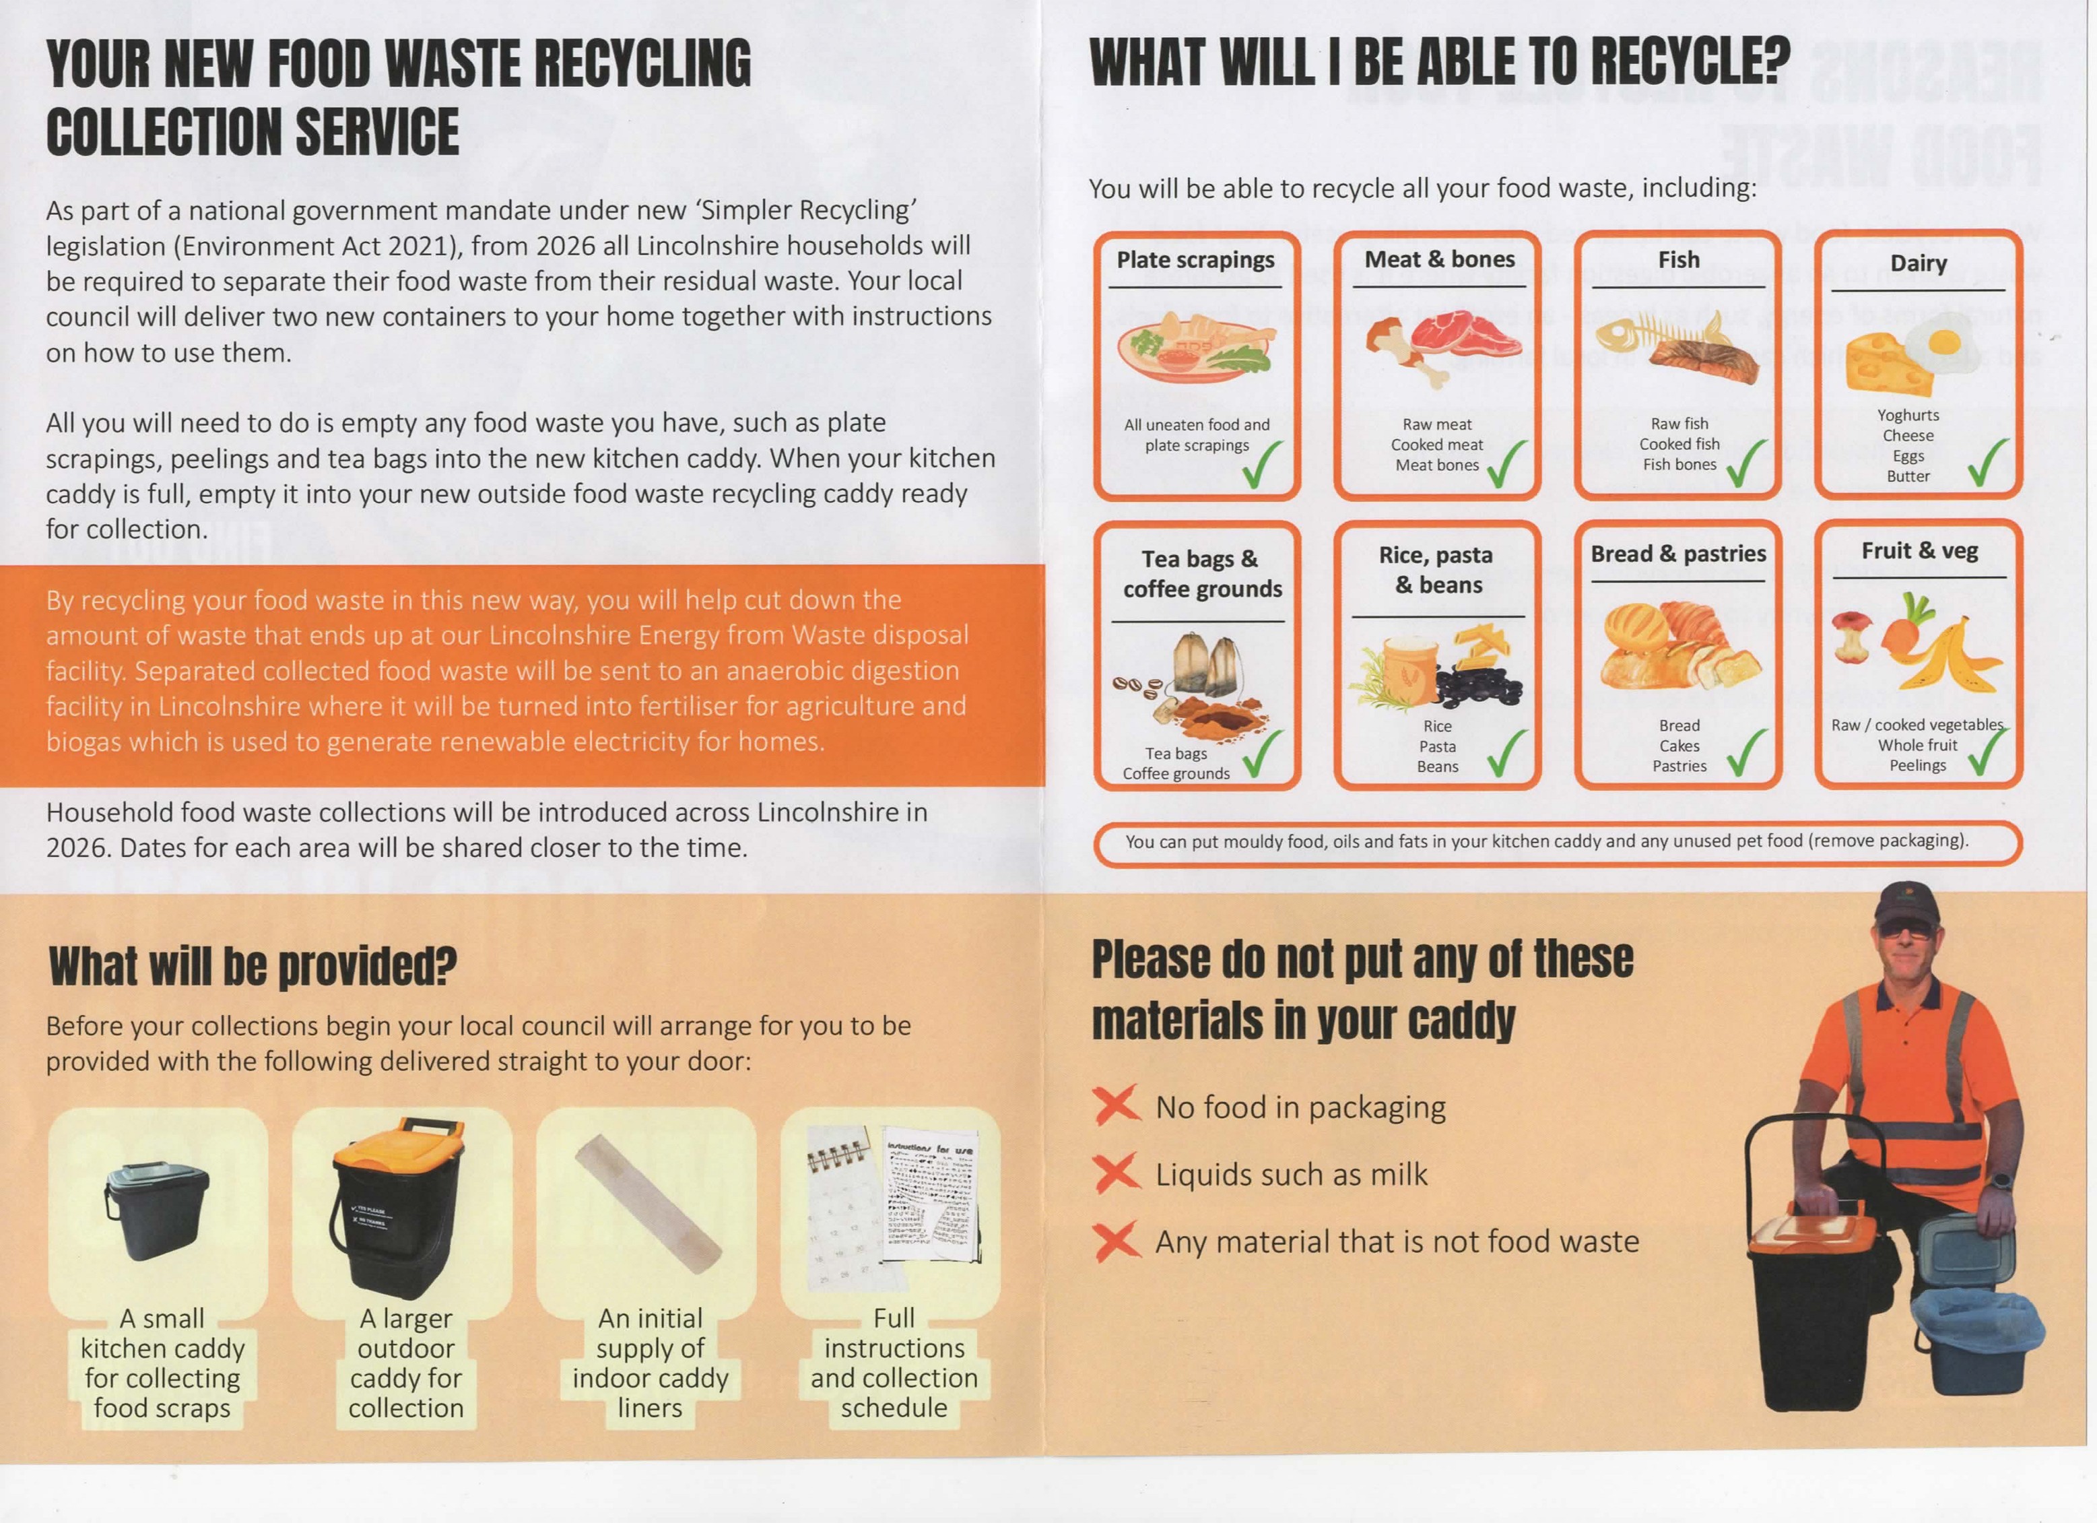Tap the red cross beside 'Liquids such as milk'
(x=1117, y=1173)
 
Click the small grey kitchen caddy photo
(x=157, y=1210)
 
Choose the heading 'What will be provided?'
(x=253, y=967)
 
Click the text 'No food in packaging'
(x=1300, y=1107)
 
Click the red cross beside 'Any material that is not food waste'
(x=1117, y=1241)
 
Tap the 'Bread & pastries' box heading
(x=1678, y=554)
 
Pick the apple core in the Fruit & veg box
(x=1849, y=638)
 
